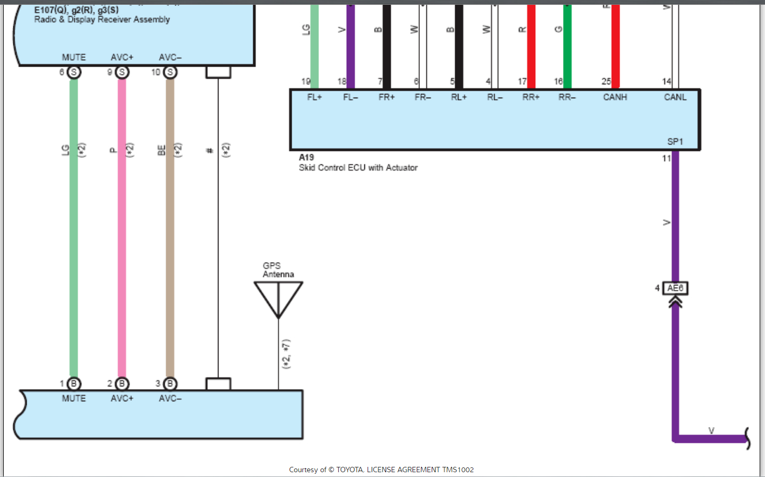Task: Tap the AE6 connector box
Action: [x=675, y=288]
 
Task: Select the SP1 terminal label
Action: [x=675, y=141]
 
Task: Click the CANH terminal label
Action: [x=615, y=97]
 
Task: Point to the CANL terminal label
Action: [x=675, y=97]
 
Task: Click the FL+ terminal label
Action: [x=315, y=97]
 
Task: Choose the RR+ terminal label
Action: [x=531, y=97]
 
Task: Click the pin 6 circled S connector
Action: [x=74, y=72]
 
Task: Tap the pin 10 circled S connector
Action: [x=170, y=72]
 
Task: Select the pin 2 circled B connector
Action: [x=122, y=384]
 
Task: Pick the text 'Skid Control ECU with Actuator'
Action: [x=358, y=168]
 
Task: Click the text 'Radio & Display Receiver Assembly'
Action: [x=102, y=20]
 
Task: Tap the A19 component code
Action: [x=306, y=157]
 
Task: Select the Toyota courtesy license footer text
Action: [x=381, y=470]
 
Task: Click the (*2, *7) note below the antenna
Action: [x=286, y=354]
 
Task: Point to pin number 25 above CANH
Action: [x=606, y=82]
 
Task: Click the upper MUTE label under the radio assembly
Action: [x=74, y=58]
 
